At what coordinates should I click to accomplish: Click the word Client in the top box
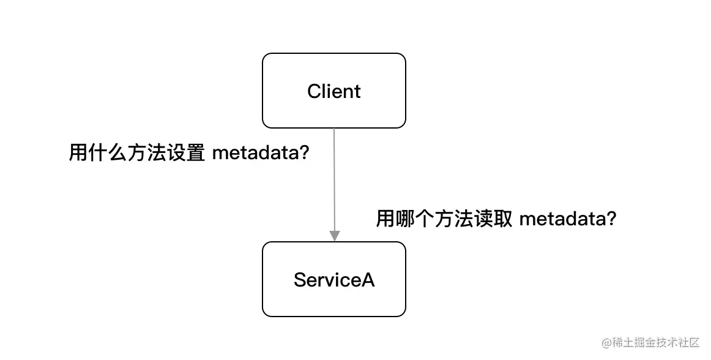(334, 91)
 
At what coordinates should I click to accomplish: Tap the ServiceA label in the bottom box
(334, 280)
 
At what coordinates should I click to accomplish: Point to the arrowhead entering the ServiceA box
(334, 236)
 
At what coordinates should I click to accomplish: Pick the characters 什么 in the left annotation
(107, 153)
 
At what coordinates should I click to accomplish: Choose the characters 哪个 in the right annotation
(414, 219)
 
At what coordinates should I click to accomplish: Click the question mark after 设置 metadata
(302, 153)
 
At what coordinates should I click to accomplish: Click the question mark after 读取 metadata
(609, 219)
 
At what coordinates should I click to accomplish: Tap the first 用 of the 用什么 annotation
(77, 153)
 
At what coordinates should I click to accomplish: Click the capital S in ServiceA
(300, 280)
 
